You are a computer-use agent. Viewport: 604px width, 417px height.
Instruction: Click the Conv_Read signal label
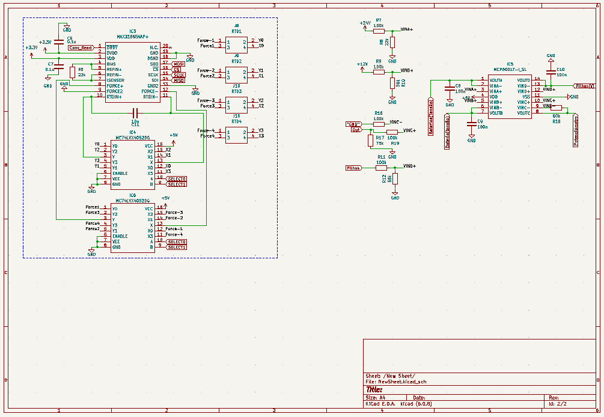coord(81,47)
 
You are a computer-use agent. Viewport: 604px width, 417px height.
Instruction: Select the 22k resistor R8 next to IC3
coord(72,72)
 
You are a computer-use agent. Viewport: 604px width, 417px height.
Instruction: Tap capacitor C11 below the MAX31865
coord(135,112)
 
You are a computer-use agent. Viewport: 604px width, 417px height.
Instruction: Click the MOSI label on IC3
coord(178,64)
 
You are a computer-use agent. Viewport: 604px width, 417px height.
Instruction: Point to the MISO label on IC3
coord(178,80)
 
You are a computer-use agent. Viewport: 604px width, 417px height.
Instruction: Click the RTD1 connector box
coord(236,43)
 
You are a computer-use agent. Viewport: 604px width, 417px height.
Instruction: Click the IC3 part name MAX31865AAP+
coord(132,37)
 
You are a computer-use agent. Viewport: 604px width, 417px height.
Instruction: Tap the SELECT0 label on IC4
coord(177,179)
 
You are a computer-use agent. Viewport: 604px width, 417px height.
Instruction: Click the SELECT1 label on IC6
coord(177,247)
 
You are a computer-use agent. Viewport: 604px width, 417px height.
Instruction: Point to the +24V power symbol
coord(365,23)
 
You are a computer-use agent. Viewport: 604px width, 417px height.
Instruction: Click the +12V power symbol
coord(362,64)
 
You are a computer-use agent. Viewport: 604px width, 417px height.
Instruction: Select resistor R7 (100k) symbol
coord(379,31)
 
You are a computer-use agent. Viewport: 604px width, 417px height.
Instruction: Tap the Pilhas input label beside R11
coord(353,168)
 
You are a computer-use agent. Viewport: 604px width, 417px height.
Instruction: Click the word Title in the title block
coord(374,389)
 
